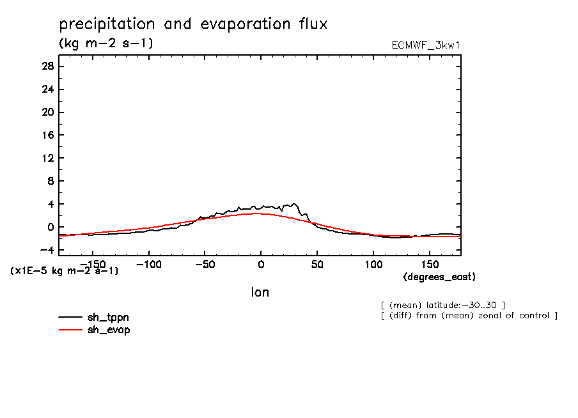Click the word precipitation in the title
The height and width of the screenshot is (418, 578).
(107, 25)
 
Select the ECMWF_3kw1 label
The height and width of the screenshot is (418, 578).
(426, 45)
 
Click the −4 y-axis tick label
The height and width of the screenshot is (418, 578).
(47, 250)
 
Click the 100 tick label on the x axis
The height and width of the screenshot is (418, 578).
(373, 264)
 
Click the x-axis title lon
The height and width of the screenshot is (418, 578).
(260, 292)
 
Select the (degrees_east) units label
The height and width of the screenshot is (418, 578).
(439, 277)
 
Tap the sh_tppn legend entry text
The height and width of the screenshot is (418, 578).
(109, 318)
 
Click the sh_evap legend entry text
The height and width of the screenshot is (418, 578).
(109, 330)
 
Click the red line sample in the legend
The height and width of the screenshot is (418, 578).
(70, 330)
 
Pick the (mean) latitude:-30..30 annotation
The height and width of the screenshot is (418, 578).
(442, 304)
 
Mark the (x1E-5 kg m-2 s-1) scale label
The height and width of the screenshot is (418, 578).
(64, 270)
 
